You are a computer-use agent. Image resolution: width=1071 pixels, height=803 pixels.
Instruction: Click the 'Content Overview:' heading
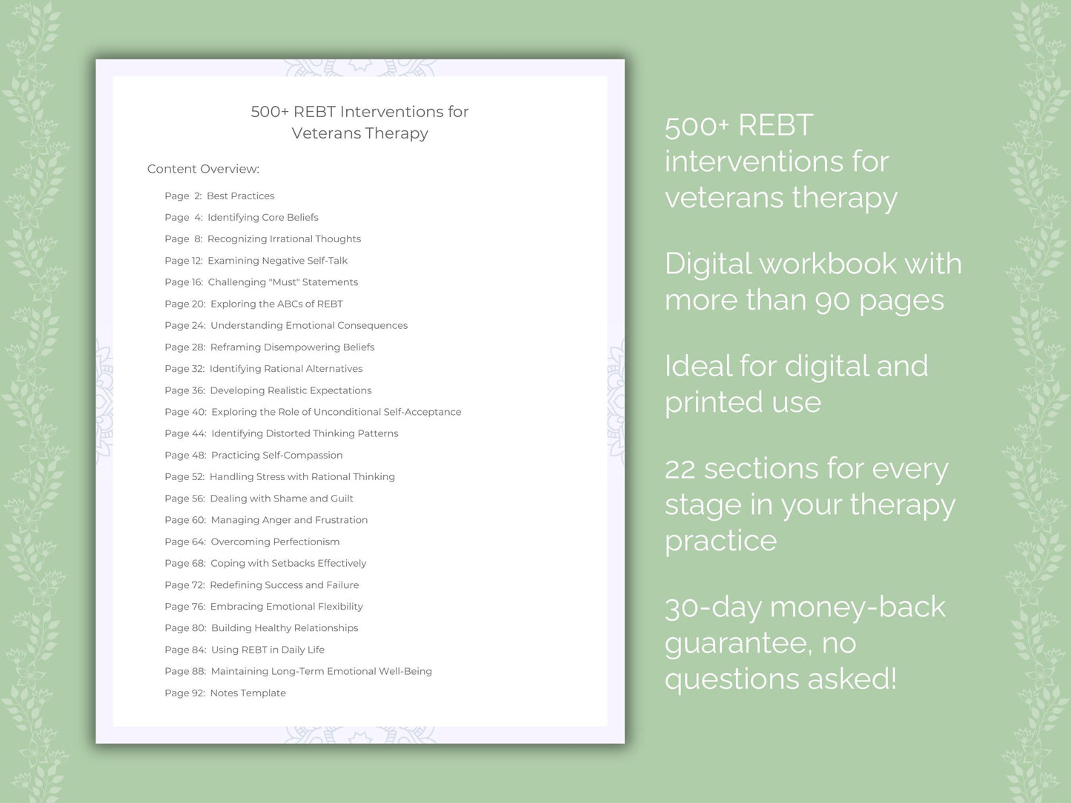(203, 169)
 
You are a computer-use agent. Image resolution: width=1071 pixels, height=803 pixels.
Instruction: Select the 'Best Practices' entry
(241, 196)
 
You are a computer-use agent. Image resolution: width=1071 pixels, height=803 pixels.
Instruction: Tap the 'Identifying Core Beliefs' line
(263, 218)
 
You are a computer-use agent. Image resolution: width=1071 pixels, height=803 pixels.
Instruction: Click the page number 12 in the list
(196, 260)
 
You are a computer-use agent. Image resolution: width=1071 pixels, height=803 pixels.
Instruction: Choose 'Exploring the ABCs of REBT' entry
(276, 304)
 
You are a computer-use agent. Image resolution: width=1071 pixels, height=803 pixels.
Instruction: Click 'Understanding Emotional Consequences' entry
(309, 325)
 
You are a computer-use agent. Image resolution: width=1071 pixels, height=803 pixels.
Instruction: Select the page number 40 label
(199, 412)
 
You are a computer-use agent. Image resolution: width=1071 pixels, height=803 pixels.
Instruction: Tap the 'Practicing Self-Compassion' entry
(276, 455)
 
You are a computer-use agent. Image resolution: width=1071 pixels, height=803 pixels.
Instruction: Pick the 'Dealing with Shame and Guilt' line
(282, 499)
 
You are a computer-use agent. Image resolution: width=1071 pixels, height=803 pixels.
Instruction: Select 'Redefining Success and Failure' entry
(285, 584)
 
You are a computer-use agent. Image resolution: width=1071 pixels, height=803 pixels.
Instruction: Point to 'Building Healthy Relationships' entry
(285, 628)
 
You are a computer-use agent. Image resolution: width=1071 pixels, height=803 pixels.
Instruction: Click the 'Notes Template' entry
(248, 693)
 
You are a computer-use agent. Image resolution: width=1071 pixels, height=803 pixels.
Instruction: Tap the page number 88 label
(199, 671)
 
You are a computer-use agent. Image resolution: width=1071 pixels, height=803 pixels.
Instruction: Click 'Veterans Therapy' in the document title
(360, 133)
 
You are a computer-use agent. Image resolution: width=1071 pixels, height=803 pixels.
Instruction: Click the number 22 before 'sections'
(680, 469)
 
